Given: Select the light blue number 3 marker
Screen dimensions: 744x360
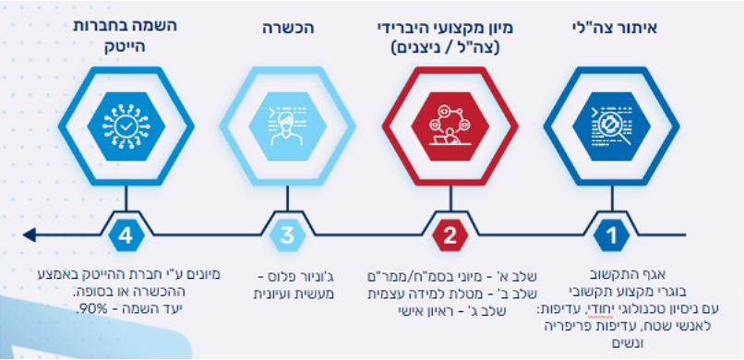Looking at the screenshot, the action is pos(288,235).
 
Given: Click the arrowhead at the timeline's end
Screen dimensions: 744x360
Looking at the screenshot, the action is pos(31,234).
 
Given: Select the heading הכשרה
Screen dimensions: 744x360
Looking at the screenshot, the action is pos(288,30).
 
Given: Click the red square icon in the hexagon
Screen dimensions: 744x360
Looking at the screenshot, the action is pos(449,126).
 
